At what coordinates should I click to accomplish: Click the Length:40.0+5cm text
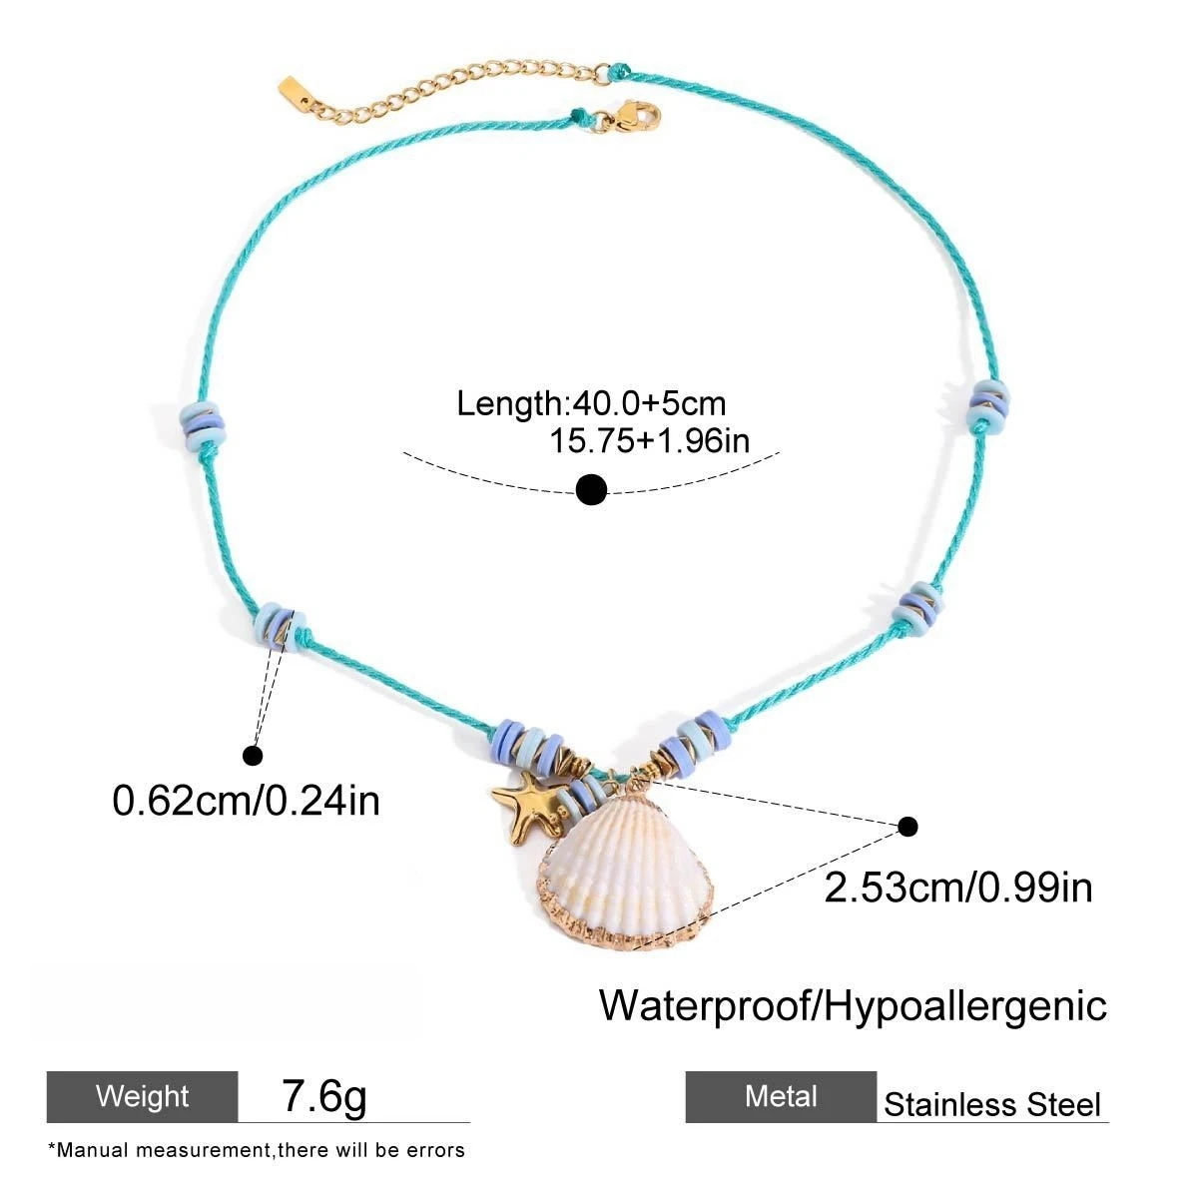(x=591, y=403)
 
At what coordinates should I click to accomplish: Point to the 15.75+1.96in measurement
(x=649, y=440)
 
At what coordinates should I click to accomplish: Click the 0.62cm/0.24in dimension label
(x=247, y=800)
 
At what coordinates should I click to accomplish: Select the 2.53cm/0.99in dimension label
(x=957, y=887)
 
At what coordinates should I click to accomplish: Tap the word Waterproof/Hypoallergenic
(x=853, y=1005)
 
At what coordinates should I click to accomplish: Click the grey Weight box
(x=143, y=1096)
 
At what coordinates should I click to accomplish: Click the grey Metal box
(x=781, y=1096)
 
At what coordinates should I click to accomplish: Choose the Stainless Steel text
(x=991, y=1105)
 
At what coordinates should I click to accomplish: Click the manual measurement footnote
(x=256, y=1150)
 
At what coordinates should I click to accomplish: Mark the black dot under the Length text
(x=592, y=489)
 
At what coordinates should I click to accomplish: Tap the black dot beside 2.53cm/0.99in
(x=908, y=826)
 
